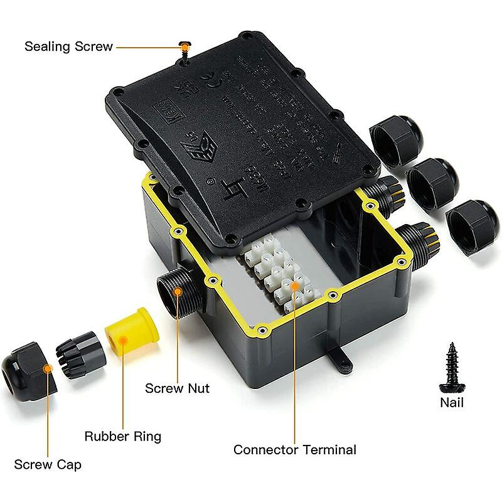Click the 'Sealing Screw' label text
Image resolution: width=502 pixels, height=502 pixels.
coord(68,46)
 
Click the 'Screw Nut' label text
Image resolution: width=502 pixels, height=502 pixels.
coord(177,388)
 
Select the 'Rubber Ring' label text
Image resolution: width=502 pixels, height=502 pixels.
coord(123,436)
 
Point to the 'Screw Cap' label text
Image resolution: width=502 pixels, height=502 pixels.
coord(48,464)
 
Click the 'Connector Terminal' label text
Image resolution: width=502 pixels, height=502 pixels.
coord(294,449)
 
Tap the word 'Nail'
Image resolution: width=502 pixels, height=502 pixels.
coord(452,402)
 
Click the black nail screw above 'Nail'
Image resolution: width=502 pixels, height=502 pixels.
coord(451,368)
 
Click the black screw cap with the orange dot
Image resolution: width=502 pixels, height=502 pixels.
coord(28,370)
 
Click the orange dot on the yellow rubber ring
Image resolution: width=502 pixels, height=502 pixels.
coord(124,340)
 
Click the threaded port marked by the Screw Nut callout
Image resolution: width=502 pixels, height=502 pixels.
coord(180,292)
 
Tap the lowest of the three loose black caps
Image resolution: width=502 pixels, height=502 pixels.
coord(472,223)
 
